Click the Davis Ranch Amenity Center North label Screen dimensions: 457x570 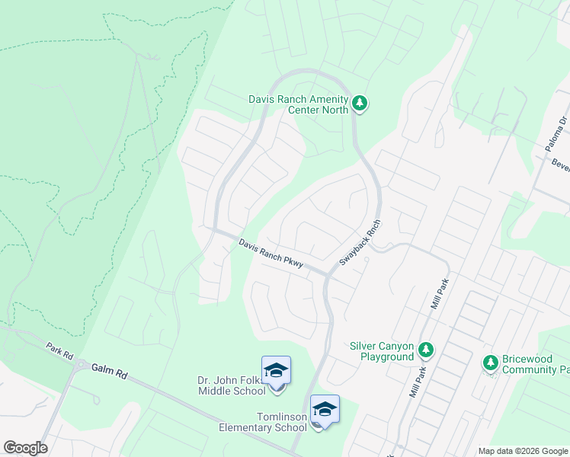[298, 104]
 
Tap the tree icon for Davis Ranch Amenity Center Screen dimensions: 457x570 [360, 104]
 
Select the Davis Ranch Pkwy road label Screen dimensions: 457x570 [271, 254]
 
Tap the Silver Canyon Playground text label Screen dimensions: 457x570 [381, 350]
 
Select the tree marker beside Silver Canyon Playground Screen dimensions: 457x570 [426, 350]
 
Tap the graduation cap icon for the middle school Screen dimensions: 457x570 [276, 370]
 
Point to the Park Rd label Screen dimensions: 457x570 [58, 350]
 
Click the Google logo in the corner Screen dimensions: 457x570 [25, 448]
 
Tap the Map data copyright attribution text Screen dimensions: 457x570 [523, 451]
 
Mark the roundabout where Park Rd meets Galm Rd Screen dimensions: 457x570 [81, 365]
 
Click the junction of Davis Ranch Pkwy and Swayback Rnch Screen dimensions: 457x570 [328, 274]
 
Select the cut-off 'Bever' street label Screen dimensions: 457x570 [560, 165]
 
